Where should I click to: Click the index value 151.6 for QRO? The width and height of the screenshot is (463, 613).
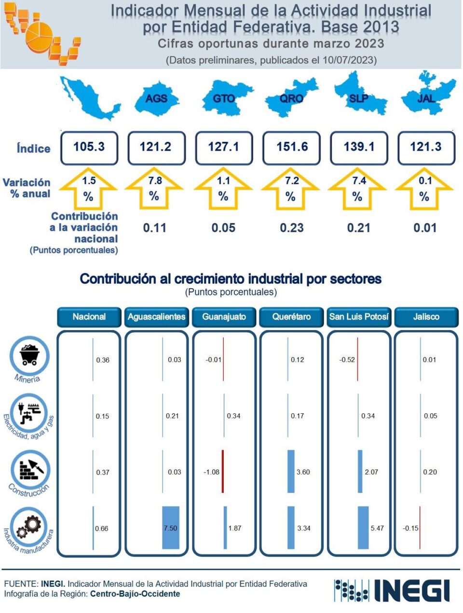(x=292, y=147)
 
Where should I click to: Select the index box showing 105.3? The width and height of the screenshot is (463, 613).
(x=89, y=147)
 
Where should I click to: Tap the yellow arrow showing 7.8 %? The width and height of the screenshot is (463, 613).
(x=155, y=189)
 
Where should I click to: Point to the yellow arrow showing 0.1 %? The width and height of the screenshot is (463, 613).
(x=425, y=189)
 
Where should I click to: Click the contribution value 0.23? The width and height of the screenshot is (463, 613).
(x=292, y=228)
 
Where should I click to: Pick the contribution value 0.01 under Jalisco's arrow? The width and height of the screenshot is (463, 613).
(x=425, y=228)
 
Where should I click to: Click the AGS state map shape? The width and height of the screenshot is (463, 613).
(x=157, y=99)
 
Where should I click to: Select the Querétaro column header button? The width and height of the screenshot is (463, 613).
(x=291, y=317)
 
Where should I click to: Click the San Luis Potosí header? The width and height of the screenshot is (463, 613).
(x=359, y=317)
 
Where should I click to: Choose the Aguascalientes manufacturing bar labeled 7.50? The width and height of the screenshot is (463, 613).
(x=171, y=528)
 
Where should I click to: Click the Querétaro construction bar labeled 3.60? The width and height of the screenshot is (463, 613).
(x=291, y=472)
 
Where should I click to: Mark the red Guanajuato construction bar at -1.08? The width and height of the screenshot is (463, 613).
(x=223, y=472)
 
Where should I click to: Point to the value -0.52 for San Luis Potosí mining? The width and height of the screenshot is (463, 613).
(x=347, y=360)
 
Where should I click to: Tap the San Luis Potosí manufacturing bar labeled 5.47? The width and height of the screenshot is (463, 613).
(x=363, y=528)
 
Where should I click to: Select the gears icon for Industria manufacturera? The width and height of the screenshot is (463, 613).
(x=30, y=527)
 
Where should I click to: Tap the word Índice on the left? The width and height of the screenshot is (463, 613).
(x=33, y=148)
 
